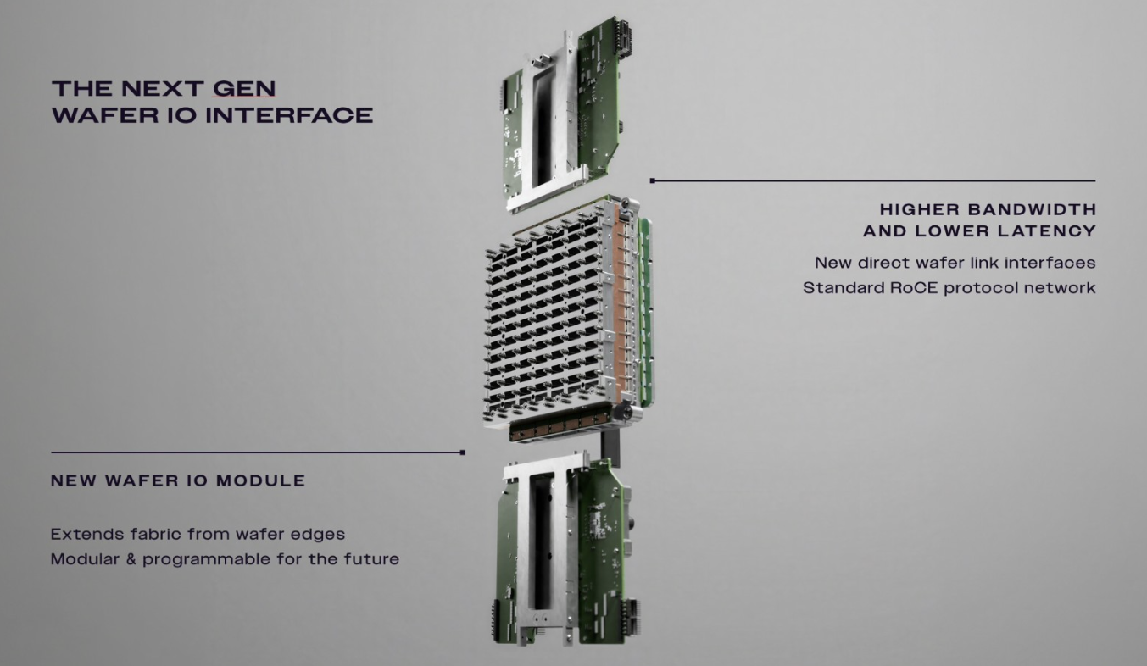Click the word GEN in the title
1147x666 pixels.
click(x=244, y=89)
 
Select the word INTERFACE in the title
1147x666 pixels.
click(x=290, y=114)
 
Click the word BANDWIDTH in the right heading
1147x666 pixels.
click(x=1033, y=209)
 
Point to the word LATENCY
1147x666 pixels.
click(x=1047, y=230)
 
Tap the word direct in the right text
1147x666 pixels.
click(x=884, y=263)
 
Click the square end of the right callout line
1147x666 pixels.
click(x=653, y=180)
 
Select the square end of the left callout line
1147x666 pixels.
click(x=463, y=452)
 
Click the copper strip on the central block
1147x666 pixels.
click(x=621, y=307)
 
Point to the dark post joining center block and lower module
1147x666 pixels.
click(x=610, y=447)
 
